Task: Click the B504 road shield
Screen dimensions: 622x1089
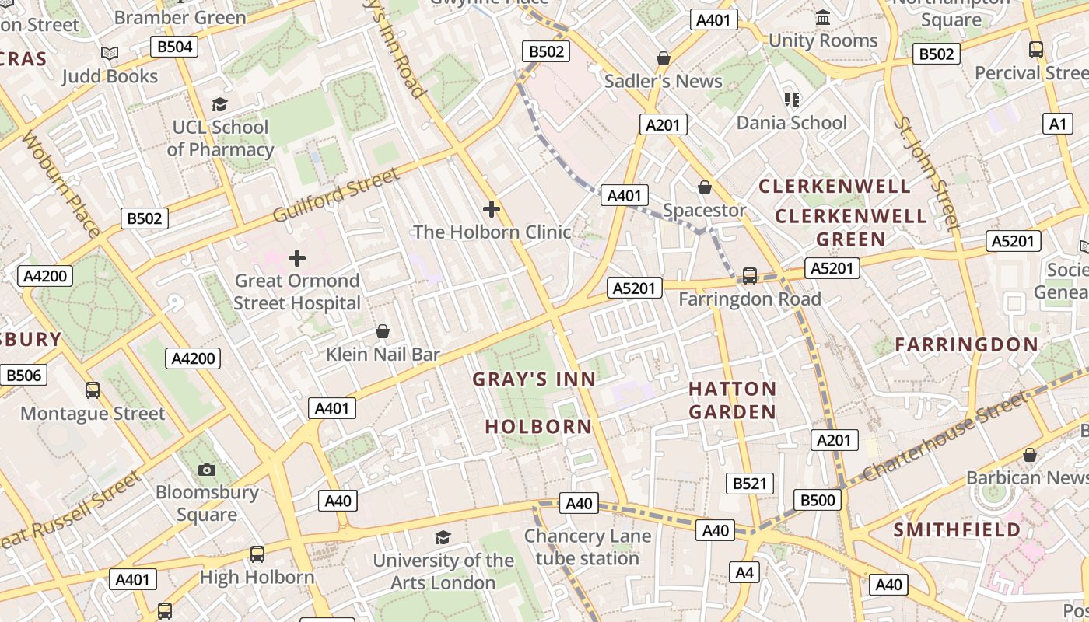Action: pyautogui.click(x=174, y=47)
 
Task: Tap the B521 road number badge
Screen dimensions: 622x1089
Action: pyautogui.click(x=750, y=483)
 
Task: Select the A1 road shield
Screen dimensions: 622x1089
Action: pyautogui.click(x=1057, y=124)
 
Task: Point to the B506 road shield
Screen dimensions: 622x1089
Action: pyautogui.click(x=23, y=376)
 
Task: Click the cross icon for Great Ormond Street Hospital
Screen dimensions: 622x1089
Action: pyautogui.click(x=297, y=258)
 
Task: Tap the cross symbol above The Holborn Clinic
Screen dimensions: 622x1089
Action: pyautogui.click(x=492, y=208)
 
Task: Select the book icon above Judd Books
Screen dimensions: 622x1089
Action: pyautogui.click(x=110, y=53)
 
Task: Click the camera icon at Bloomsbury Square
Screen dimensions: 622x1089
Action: pyautogui.click(x=207, y=470)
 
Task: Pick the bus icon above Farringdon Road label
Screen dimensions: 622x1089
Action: pyautogui.click(x=750, y=276)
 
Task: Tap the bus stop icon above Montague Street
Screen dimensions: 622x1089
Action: pyautogui.click(x=93, y=390)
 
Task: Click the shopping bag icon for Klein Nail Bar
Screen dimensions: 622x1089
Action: pyautogui.click(x=383, y=332)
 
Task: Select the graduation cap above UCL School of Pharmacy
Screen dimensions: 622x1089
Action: pyautogui.click(x=220, y=104)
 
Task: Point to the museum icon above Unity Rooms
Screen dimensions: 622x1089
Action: pyautogui.click(x=823, y=17)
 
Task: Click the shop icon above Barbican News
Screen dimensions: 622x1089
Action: pyautogui.click(x=1030, y=455)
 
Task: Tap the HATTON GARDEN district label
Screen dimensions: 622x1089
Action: pyautogui.click(x=732, y=400)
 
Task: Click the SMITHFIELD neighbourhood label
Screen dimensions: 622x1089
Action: pyautogui.click(x=957, y=529)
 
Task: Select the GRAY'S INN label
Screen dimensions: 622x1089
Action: pyautogui.click(x=534, y=379)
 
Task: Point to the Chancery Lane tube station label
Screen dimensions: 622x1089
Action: pyautogui.click(x=587, y=547)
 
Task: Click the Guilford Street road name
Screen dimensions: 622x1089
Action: pyautogui.click(x=335, y=194)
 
